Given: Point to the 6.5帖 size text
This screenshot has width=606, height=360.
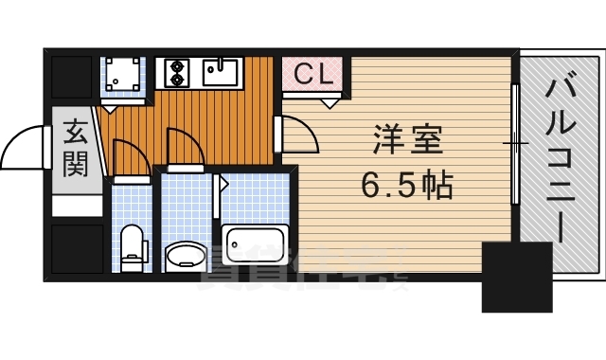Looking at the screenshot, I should coord(406,186).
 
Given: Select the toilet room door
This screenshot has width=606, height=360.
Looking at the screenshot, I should coord(127,157).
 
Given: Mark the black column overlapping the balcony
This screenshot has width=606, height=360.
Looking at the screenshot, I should coord(516,276).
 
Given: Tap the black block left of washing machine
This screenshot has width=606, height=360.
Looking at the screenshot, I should coord(71,76).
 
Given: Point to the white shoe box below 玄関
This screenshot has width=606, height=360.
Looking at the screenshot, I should coord(76,205).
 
